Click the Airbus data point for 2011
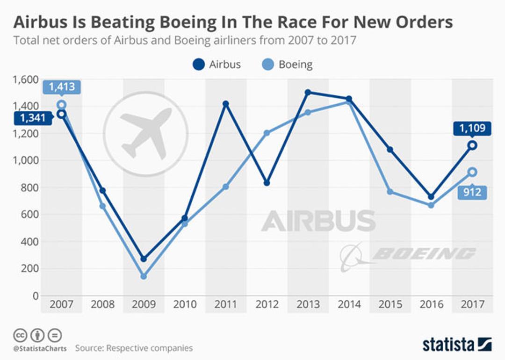pos(226,104)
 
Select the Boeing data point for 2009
pos(144,276)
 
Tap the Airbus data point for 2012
pos(267,183)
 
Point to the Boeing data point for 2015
pos(390,192)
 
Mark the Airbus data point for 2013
pos(308,93)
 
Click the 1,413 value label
pos(62,87)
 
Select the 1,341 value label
pos(33,118)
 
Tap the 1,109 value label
pos(472,129)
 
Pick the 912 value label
pos(472,192)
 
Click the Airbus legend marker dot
pos(199,65)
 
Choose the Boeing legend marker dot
pos(268,65)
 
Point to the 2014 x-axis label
pos(349,304)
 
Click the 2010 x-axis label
pos(185,304)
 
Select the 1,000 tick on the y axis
pos(25,160)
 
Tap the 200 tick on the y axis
pos(29,268)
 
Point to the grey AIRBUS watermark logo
pos(318,221)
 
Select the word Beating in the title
pos(123,22)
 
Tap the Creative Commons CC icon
pos(20,336)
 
